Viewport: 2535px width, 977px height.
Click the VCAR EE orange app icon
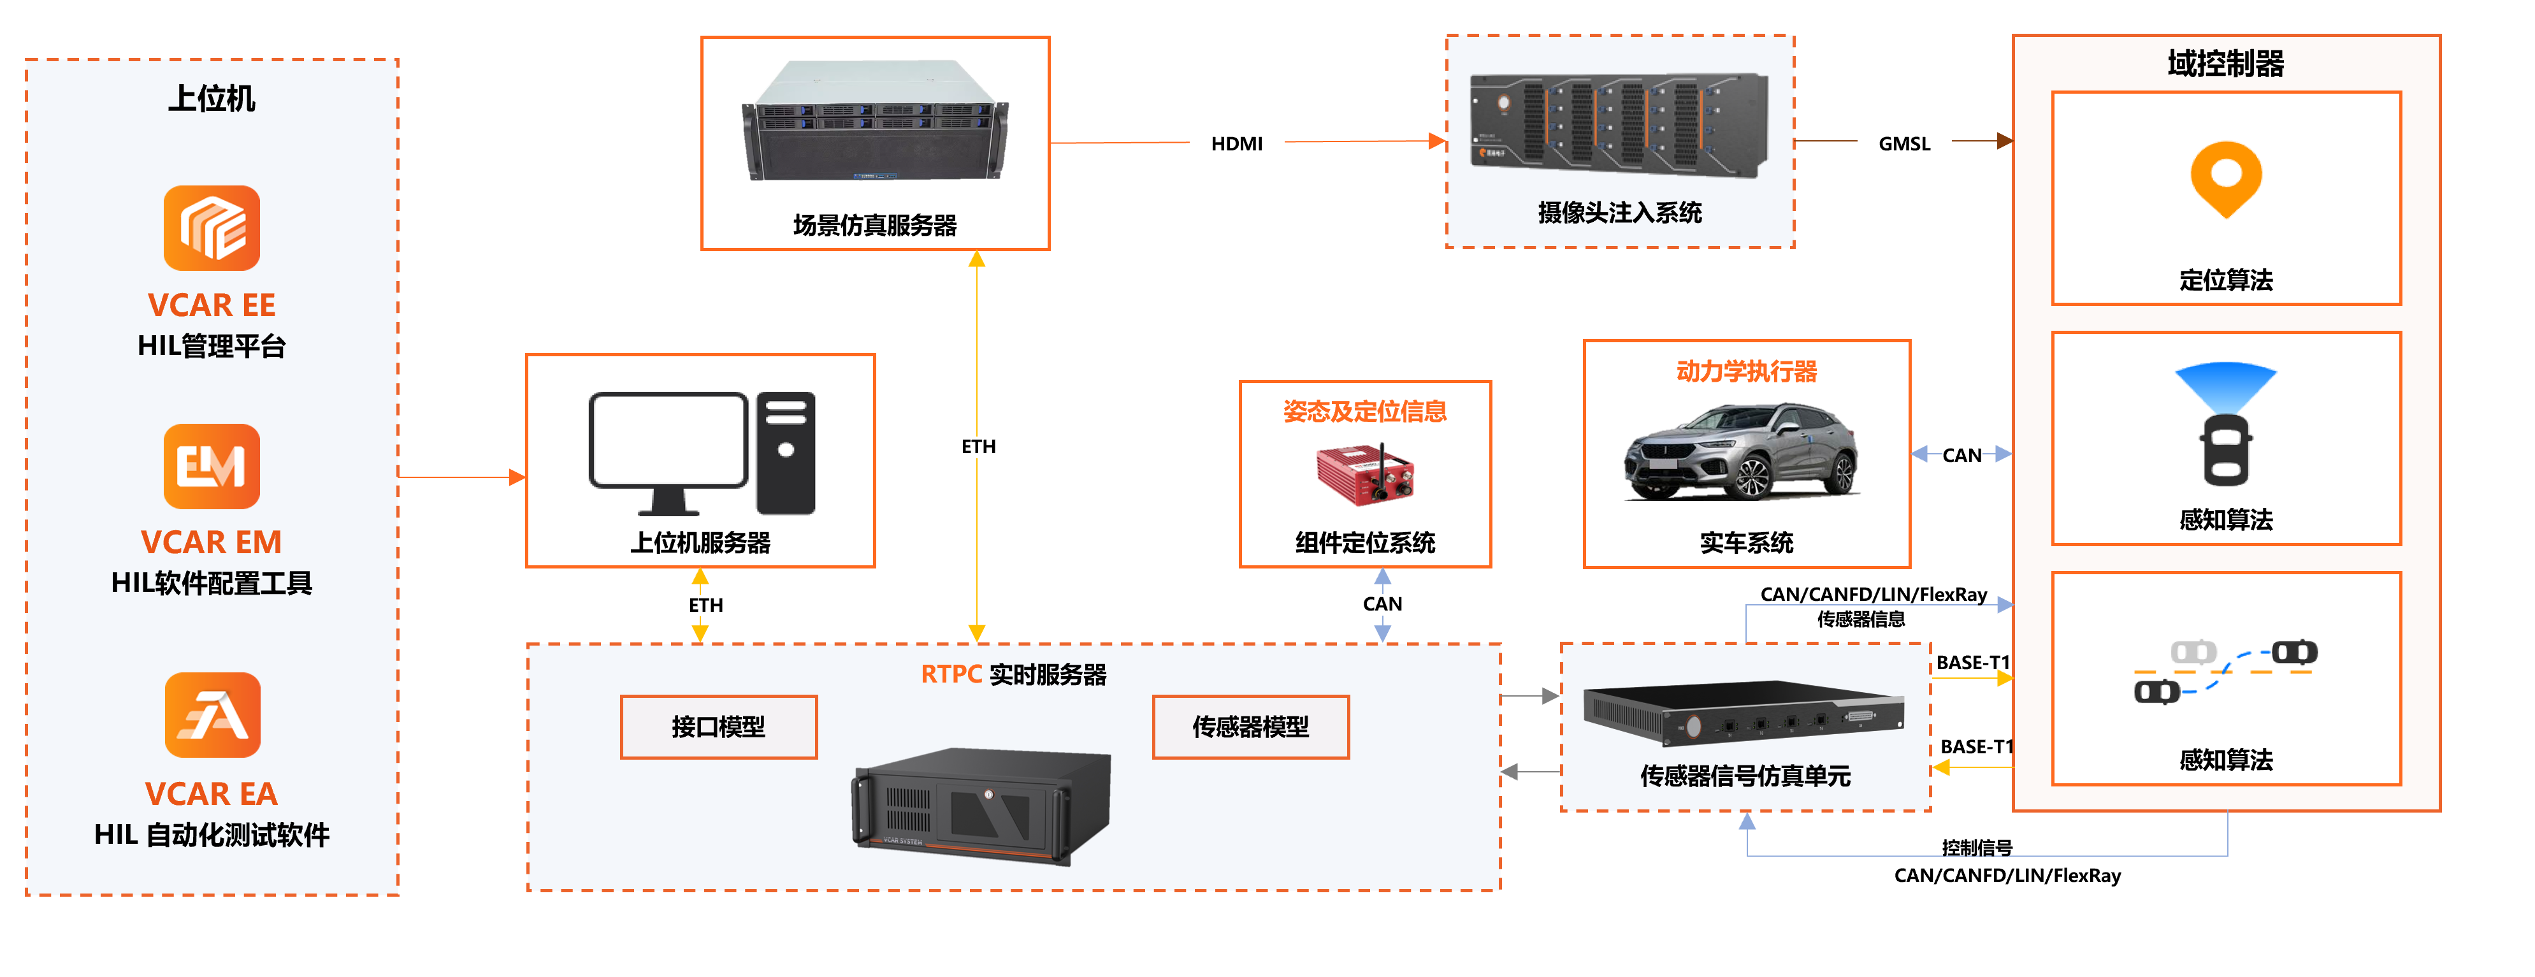[212, 228]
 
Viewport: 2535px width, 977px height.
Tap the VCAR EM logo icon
[212, 467]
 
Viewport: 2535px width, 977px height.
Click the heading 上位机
[212, 98]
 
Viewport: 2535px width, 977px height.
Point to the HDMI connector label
[1236, 143]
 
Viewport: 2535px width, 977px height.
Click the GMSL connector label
[1903, 143]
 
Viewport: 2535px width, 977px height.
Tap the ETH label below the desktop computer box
[705, 605]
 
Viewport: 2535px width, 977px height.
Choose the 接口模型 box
[718, 727]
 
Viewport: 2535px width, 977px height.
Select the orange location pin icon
[2225, 178]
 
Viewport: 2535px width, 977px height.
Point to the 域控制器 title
[2225, 64]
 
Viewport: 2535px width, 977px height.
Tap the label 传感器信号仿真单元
[1745, 776]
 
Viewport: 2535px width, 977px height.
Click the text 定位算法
[2225, 280]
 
